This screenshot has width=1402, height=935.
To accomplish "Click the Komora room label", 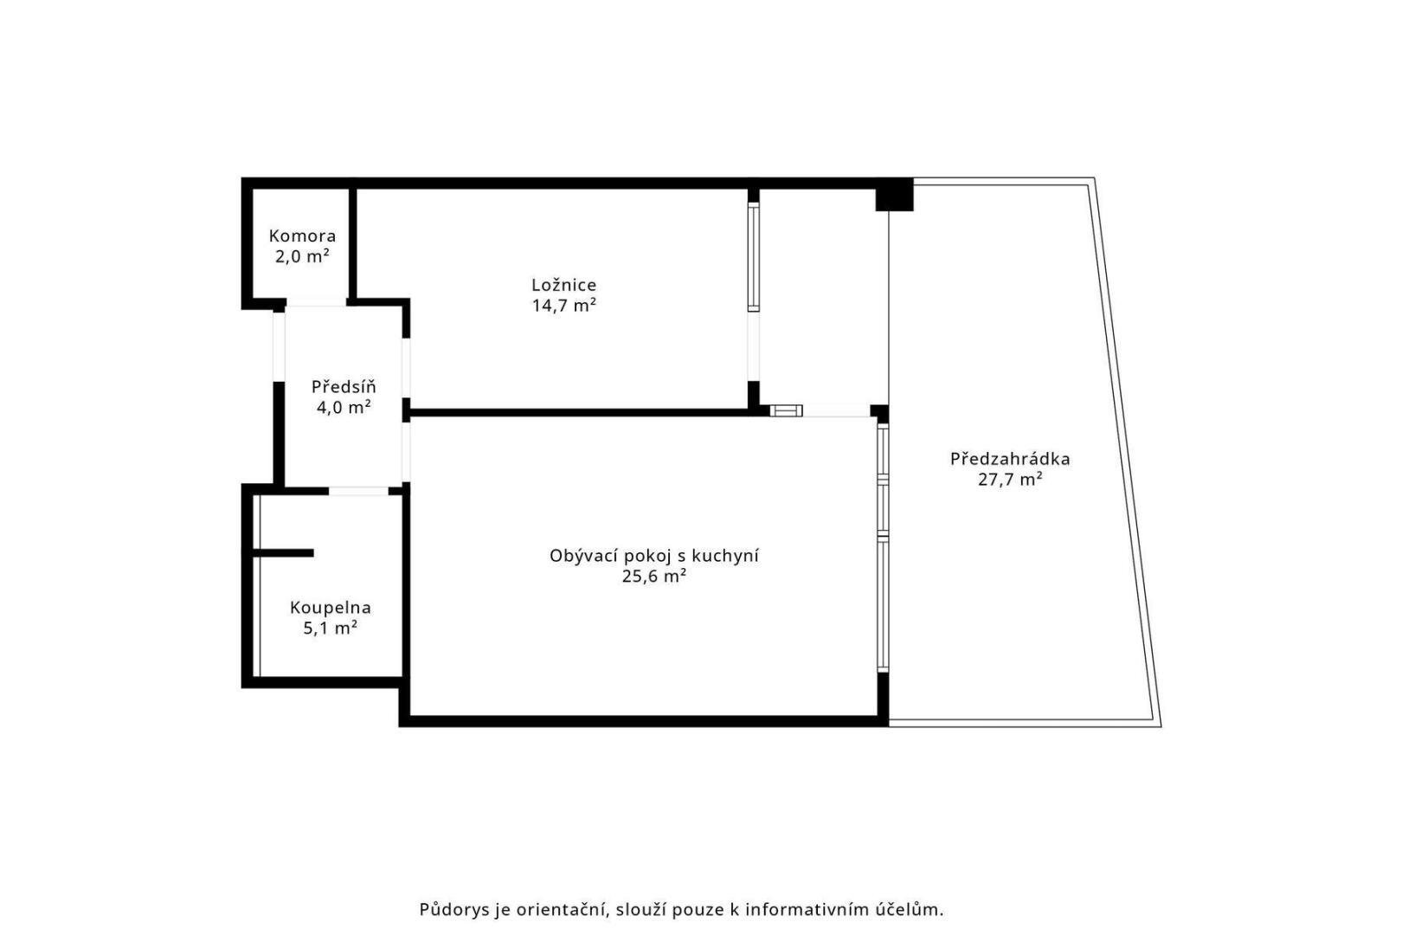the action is [x=302, y=236].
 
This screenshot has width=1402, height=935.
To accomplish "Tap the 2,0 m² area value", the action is [x=302, y=256].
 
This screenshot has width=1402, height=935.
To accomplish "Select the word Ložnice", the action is [x=564, y=285].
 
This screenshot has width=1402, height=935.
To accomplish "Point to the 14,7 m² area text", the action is [x=564, y=306].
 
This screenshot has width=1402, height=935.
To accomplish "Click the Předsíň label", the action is [x=344, y=386].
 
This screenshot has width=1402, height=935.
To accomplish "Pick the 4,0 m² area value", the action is [x=344, y=408].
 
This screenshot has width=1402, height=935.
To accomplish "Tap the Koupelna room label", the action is [x=331, y=608].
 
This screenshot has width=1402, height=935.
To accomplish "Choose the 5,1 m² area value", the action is [x=331, y=629].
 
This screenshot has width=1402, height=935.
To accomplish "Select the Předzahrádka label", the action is [x=1010, y=459].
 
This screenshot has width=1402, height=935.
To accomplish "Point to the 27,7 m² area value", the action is [x=1010, y=480].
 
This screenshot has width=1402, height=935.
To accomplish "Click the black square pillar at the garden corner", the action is [x=894, y=195].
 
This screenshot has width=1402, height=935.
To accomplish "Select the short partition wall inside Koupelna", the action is [x=283, y=553].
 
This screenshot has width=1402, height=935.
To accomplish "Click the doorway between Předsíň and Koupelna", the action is [x=358, y=491].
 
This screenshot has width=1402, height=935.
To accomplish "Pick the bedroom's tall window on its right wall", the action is [x=754, y=257].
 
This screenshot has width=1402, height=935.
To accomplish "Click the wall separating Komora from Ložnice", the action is [x=352, y=243].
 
